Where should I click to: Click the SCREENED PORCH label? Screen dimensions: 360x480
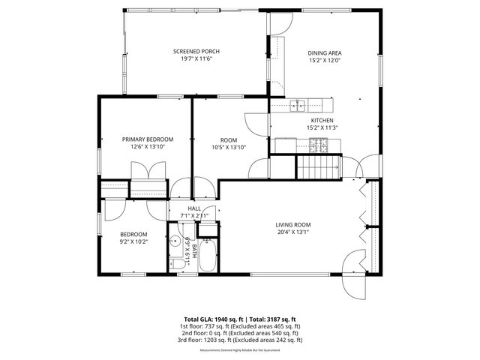click(196, 52)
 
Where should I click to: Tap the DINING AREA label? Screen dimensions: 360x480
click(325, 53)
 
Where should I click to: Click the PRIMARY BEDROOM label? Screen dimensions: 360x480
click(148, 139)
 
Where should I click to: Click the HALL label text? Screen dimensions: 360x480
click(193, 208)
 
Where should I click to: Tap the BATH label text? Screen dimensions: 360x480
click(193, 250)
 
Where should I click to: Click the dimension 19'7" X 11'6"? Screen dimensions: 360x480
click(196, 59)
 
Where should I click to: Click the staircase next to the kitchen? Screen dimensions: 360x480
click(318, 166)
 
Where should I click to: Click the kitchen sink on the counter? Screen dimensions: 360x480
click(298, 104)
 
